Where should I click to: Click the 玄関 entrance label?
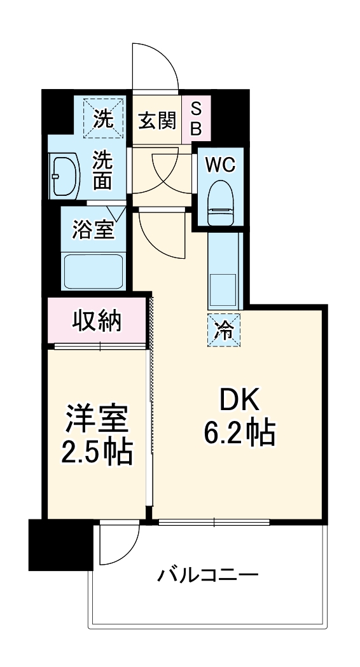[156, 120]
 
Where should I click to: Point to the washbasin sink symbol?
[64, 174]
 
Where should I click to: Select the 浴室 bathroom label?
[93, 230]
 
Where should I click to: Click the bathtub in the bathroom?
[95, 270]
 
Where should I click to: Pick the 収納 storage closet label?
[96, 322]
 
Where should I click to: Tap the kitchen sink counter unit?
[224, 270]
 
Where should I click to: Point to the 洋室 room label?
[97, 419]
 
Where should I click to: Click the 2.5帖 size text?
[97, 453]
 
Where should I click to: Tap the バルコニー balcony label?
[208, 576]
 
